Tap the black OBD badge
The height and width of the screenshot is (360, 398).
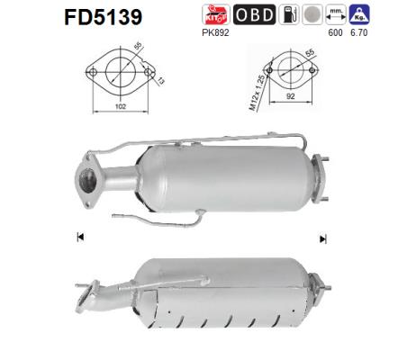pyautogui.click(x=281, y=15)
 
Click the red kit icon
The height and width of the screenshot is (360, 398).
pyautogui.click(x=244, y=15)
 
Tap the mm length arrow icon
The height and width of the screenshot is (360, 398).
pyautogui.click(x=359, y=15)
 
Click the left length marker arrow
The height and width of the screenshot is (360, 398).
pyautogui.click(x=80, y=238)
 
